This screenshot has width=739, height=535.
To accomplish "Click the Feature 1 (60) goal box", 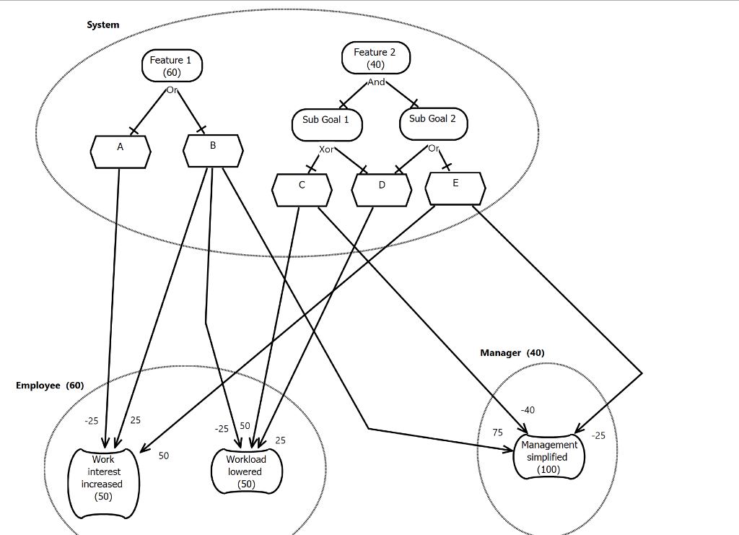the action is [x=172, y=66].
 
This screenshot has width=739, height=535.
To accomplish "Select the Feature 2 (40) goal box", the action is [x=375, y=58].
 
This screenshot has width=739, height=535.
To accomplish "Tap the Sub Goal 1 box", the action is [x=327, y=125].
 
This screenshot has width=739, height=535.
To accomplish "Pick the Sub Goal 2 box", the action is [x=434, y=124].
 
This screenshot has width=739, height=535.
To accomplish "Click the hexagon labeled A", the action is [x=121, y=152].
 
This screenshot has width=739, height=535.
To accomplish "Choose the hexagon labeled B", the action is [x=213, y=151].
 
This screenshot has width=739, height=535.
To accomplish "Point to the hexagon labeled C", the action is [x=302, y=190].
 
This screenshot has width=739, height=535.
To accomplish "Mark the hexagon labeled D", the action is [x=382, y=190].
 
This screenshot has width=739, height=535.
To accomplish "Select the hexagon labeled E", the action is [x=455, y=188].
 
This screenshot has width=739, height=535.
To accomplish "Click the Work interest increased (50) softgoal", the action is [x=104, y=483].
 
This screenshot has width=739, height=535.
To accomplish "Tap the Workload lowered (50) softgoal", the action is [x=247, y=471].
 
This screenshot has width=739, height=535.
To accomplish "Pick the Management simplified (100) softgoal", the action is [x=549, y=456].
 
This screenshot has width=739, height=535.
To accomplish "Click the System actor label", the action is [x=102, y=25].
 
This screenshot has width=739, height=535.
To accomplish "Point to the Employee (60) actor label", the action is [x=50, y=386].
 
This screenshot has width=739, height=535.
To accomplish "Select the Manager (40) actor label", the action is [x=512, y=353].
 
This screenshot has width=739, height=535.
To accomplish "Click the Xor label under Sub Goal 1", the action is [x=326, y=149].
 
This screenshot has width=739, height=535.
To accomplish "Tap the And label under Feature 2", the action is [x=376, y=82].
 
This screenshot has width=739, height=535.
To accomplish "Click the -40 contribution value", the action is [x=528, y=410].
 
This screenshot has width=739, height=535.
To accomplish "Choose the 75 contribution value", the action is [x=498, y=432].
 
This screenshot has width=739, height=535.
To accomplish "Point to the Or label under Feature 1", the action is [x=172, y=90].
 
